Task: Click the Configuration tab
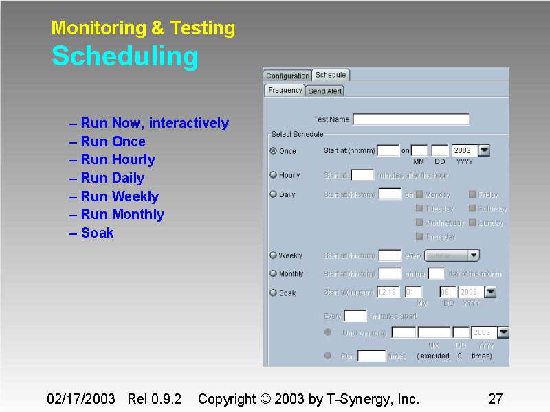tap(287, 76)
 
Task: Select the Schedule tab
tap(331, 75)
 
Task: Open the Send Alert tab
tap(325, 91)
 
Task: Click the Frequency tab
tap(285, 91)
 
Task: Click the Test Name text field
tap(411, 119)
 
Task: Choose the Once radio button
tap(274, 151)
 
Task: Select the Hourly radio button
tap(274, 175)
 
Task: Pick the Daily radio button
tap(274, 194)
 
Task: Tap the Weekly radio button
tap(274, 255)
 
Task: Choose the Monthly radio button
tap(274, 273)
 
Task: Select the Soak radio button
tap(274, 293)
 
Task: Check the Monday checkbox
tap(419, 194)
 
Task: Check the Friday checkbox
tap(472, 194)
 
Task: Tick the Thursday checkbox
tap(419, 237)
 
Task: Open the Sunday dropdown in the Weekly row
tap(452, 255)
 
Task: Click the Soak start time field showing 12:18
tap(388, 292)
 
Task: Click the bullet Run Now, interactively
tap(155, 124)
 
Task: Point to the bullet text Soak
tap(97, 233)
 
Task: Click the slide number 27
tap(496, 399)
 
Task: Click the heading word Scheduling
tap(125, 56)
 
